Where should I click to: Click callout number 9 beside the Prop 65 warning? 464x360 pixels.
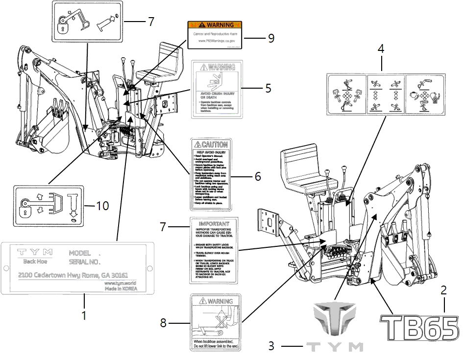(x=271, y=39)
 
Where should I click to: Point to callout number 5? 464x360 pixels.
(x=268, y=89)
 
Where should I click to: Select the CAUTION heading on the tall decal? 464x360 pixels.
(x=211, y=144)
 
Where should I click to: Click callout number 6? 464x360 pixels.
(x=258, y=176)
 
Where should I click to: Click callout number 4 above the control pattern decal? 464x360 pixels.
(x=380, y=50)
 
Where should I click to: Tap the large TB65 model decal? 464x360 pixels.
(x=420, y=327)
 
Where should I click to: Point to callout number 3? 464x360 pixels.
(x=271, y=346)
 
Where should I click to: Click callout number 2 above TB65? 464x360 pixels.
(x=444, y=290)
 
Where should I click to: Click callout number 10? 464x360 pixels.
(x=102, y=206)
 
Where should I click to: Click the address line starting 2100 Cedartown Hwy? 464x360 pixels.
(x=73, y=275)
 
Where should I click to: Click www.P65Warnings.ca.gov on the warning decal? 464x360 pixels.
(x=216, y=42)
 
